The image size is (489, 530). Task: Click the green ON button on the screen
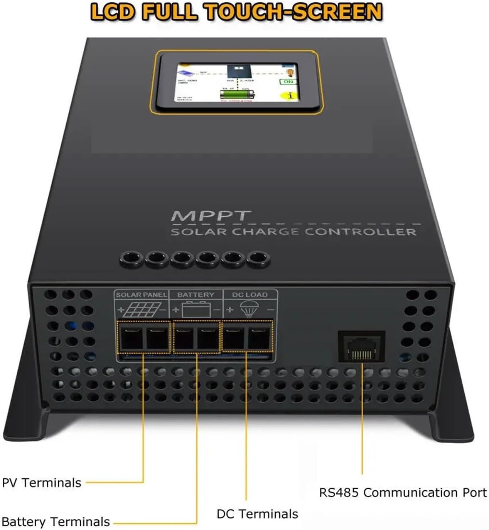(288, 82)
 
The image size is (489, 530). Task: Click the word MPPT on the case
(211, 216)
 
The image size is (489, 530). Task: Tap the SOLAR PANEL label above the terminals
(142, 295)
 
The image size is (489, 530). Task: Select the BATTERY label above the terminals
(196, 295)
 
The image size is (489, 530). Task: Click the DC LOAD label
(250, 295)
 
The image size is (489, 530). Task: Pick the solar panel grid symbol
(142, 309)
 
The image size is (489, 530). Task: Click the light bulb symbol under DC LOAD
(248, 309)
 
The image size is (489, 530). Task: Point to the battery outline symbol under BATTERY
(196, 309)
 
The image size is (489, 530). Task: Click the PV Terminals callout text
(42, 483)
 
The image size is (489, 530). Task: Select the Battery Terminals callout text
(56, 522)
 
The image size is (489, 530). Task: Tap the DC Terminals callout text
(257, 514)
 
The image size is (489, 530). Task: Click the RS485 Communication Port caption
(403, 493)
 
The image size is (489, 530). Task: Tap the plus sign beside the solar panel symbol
(121, 310)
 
